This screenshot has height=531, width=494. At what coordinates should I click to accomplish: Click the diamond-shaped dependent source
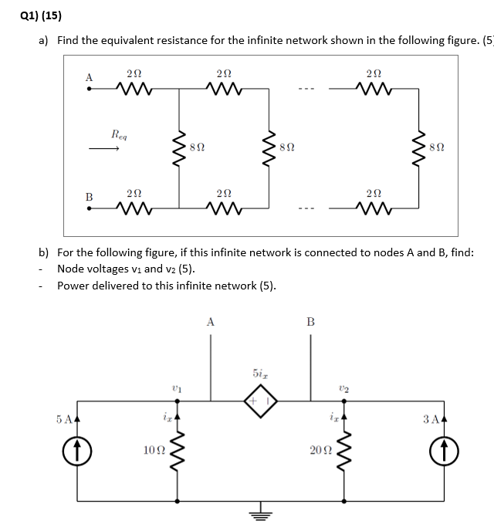tap(259, 401)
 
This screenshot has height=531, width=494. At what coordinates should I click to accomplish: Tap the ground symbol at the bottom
tap(259, 518)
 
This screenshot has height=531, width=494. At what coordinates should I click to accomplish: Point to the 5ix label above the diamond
tap(260, 374)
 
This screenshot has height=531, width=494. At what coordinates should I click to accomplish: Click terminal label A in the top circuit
tap(89, 77)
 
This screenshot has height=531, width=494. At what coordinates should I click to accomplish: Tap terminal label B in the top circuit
tap(89, 197)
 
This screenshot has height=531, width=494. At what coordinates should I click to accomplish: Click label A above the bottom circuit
tap(211, 322)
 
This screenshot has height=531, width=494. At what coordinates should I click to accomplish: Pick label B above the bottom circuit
tap(310, 322)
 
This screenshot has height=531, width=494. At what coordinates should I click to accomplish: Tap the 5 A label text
tap(66, 420)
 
